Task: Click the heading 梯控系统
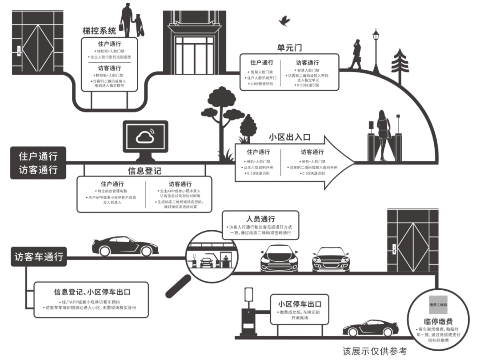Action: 99,31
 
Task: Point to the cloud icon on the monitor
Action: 145,138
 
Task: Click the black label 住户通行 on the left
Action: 38,156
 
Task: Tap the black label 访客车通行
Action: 39,257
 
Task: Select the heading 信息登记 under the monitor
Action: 144,171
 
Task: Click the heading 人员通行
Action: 261,219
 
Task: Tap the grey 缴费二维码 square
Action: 438,304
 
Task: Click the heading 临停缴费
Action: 438,322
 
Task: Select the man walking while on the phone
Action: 356,55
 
